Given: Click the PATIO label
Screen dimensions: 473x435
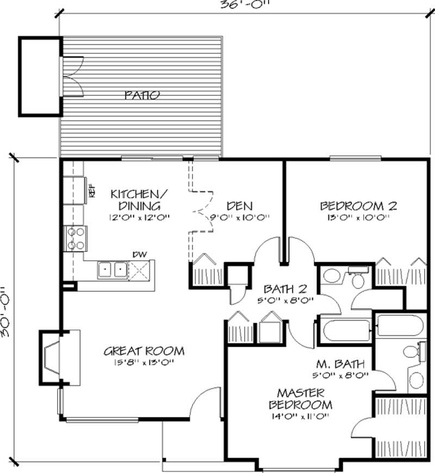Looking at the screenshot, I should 142,95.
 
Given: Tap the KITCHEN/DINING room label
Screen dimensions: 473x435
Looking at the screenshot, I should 135,200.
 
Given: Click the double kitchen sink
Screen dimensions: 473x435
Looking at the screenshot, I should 112,269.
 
